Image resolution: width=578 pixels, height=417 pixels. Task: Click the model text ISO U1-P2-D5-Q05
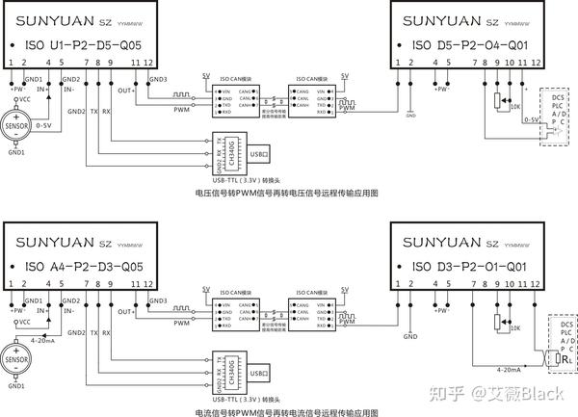pos(82,44)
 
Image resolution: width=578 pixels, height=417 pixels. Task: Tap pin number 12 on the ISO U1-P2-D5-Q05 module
pos(147,63)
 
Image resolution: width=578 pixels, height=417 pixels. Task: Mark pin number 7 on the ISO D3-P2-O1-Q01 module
pos(474,284)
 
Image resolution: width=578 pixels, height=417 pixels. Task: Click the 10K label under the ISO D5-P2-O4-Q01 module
pos(516,107)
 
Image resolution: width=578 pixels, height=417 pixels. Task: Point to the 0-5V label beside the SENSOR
pos(43,125)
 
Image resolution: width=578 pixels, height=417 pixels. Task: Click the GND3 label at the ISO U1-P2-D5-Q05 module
pos(158,79)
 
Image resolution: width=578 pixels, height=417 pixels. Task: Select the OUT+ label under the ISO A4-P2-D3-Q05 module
pos(124,311)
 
